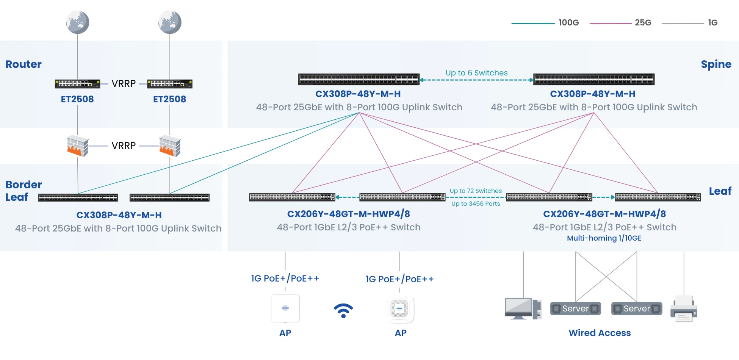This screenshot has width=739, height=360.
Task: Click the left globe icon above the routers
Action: pos(77,22)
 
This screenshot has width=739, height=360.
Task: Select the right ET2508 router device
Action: pos(169,84)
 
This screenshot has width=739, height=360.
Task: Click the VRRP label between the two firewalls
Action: pos(124,146)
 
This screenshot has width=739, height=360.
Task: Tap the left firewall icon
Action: pos(77,146)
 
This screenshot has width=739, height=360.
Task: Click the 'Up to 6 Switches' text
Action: pos(476,73)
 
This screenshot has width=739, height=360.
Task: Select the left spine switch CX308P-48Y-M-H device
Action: pos(359,79)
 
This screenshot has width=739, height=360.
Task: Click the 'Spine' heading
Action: pos(716,64)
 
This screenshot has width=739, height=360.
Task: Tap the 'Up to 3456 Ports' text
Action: pos(476,204)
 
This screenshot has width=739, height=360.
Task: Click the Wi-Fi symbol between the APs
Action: pos(343,310)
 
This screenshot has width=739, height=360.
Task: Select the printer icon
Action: pos(684,309)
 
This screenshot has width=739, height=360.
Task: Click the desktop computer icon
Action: pos(523,308)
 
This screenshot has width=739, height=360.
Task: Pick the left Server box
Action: pos(575,308)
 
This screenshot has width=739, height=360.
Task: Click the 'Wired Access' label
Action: pos(600,333)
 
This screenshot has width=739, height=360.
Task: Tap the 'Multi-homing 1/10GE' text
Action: pos(604,238)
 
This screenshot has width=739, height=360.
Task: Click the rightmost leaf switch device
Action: pos(658,197)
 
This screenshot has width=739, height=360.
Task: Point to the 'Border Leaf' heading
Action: pos(23,191)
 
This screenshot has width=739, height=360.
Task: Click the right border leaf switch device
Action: pos(169,197)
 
